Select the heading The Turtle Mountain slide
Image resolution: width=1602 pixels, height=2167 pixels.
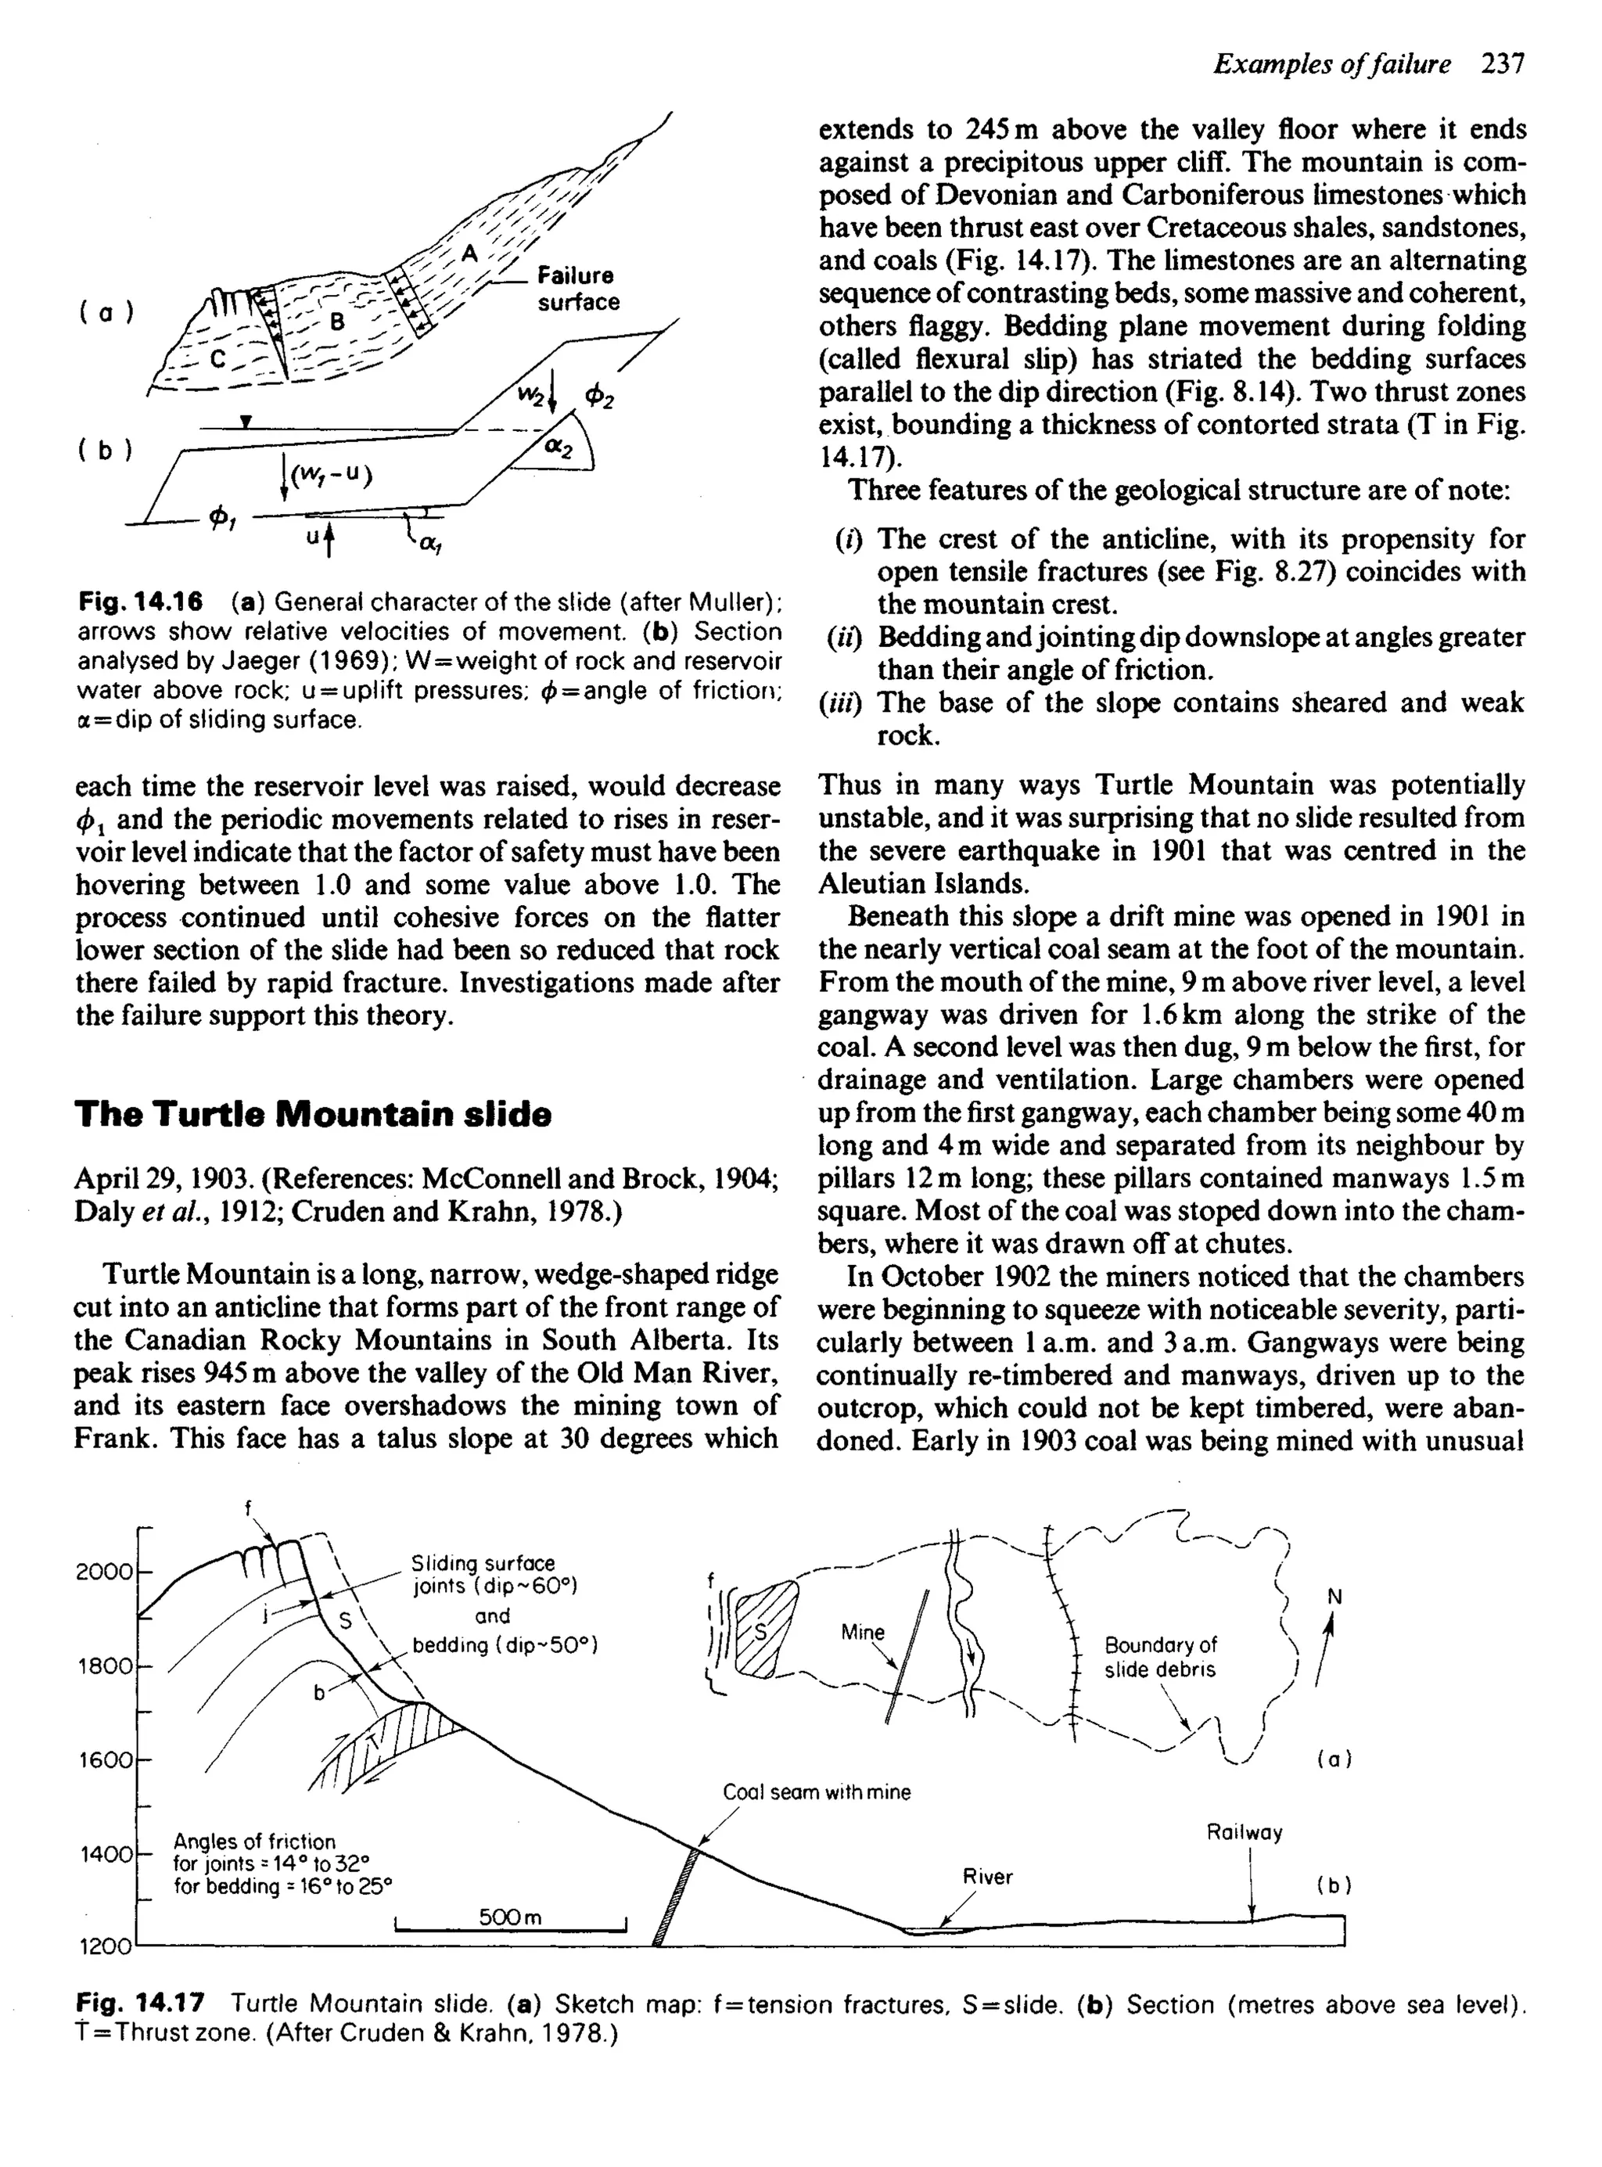tap(312, 1113)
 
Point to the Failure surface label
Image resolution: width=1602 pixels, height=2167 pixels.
tap(578, 288)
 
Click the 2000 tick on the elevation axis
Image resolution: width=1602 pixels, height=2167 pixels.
tap(104, 1572)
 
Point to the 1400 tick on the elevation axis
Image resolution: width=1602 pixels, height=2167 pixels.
tap(104, 1854)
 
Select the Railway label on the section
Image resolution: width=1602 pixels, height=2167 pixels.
tap(1245, 1832)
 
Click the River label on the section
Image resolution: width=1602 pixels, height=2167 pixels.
tap(987, 1877)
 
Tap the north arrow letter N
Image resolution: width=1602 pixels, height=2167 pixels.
tap(1334, 1596)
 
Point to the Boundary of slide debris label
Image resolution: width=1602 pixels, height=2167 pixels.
tap(1160, 1657)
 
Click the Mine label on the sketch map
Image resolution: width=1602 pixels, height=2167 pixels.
tap(862, 1632)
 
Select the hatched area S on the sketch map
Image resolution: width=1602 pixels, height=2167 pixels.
tap(765, 1630)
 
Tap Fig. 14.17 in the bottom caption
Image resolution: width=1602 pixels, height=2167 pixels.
tap(141, 2003)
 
